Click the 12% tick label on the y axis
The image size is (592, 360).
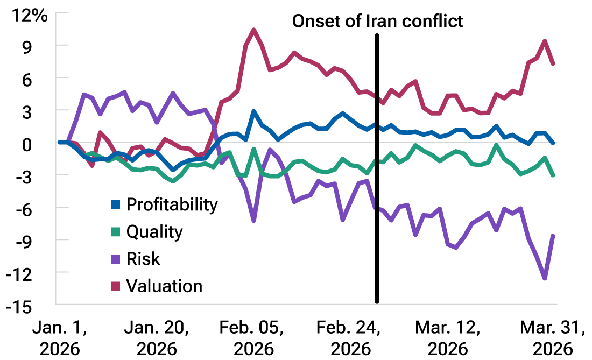pos(30,15)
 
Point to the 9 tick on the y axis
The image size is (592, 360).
pos(41,47)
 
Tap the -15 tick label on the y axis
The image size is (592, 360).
pos(33,306)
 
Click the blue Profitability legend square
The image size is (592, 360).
pos(115,204)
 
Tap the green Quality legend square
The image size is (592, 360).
pos(115,232)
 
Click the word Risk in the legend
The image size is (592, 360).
pos(143,259)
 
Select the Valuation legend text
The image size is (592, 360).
pos(164,286)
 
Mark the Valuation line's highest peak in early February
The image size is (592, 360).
pos(254,30)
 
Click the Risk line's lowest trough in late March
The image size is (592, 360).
pos(545,278)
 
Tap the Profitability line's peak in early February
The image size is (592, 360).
pos(253,111)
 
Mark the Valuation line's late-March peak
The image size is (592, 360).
pos(545,41)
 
